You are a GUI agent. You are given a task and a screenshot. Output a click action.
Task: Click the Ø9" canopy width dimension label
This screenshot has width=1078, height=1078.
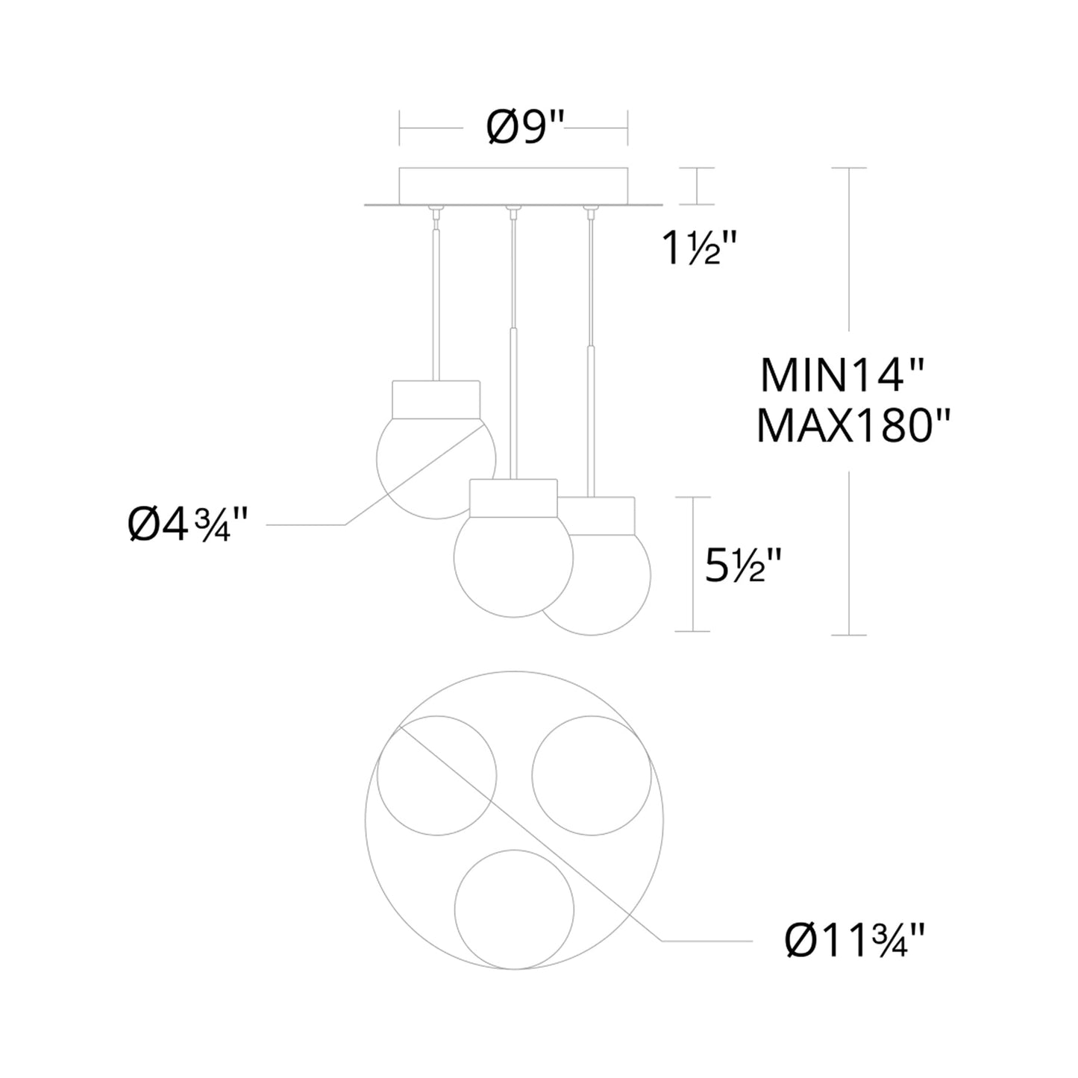(525, 127)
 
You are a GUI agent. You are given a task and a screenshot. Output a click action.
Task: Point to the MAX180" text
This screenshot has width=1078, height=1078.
(853, 426)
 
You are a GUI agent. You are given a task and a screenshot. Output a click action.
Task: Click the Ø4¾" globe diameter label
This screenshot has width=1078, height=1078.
(187, 525)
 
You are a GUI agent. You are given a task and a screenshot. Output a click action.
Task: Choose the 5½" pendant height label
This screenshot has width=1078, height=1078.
(742, 565)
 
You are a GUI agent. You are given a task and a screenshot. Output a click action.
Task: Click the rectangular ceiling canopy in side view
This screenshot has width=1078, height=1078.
(513, 186)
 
